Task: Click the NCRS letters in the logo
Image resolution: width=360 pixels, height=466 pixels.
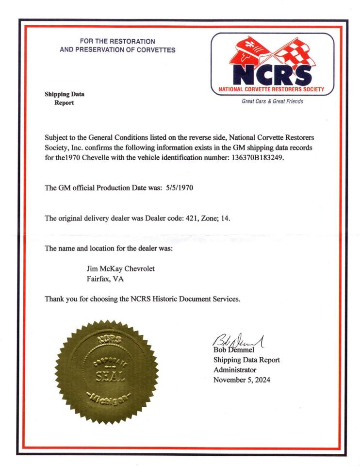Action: coord(272,73)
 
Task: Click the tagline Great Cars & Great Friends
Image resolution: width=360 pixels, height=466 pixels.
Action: coord(272,101)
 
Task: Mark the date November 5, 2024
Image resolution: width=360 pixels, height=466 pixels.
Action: coord(242,380)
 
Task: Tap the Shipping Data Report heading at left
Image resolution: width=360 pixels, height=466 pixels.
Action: coord(62,98)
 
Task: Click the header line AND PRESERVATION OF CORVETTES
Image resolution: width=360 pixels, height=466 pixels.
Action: coord(117,50)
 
